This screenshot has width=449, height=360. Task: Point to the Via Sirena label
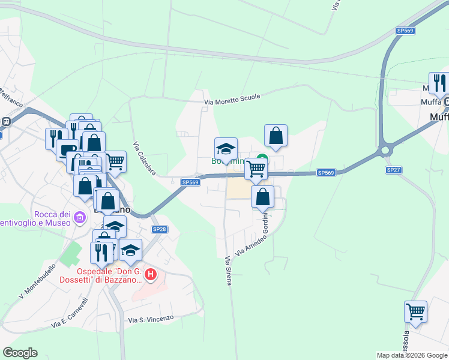(x=228, y=271)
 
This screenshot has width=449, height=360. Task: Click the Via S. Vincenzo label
(x=150, y=319)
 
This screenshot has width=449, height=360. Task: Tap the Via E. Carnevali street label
(x=70, y=313)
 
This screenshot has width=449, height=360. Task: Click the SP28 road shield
(x=159, y=229)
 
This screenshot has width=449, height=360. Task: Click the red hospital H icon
(x=151, y=275)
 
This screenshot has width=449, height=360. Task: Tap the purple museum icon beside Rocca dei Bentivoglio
(x=79, y=219)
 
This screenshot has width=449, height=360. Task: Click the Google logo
(x=20, y=353)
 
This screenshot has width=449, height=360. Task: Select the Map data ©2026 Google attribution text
(x=412, y=355)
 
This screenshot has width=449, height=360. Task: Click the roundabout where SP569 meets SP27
(x=385, y=151)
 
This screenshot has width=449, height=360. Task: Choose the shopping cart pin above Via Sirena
(x=256, y=170)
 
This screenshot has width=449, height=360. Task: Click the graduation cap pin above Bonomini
(x=226, y=148)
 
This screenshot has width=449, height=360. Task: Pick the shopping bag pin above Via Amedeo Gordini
(x=262, y=196)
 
